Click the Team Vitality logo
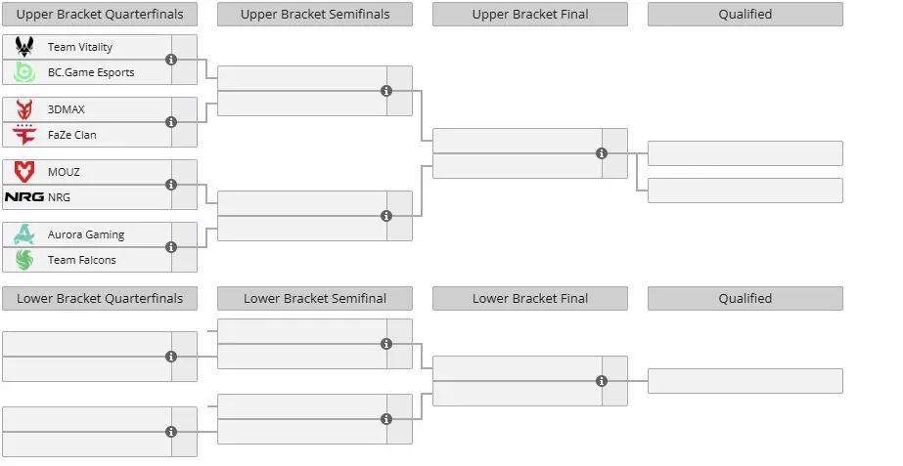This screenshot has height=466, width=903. tap(24, 47)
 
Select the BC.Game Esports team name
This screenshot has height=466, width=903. tap(91, 72)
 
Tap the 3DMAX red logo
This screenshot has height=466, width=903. tap(24, 109)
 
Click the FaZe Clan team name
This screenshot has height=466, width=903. tap(72, 135)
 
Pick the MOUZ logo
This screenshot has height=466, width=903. tap(24, 172)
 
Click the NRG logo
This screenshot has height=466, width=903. tap(24, 196)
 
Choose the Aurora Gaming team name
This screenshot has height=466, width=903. tap(86, 234)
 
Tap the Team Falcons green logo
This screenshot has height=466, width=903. tap(24, 260)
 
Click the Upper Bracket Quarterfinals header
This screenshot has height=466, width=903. tap(100, 15)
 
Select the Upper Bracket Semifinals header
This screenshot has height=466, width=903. tap(315, 15)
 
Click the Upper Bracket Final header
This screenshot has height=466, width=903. tap(530, 15)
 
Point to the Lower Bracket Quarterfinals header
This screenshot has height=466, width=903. tap(100, 299)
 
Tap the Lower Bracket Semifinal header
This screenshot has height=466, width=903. tap(315, 299)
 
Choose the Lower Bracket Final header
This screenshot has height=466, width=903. tap(530, 299)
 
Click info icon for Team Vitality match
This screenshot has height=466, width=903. tap(171, 60)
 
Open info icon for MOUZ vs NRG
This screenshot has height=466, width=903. tap(171, 185)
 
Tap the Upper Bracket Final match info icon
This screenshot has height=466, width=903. tap(602, 153)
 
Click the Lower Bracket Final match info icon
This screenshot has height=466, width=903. tap(602, 381)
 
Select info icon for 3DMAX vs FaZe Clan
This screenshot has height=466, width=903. tap(171, 122)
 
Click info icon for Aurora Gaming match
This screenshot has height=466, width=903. tap(171, 247)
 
